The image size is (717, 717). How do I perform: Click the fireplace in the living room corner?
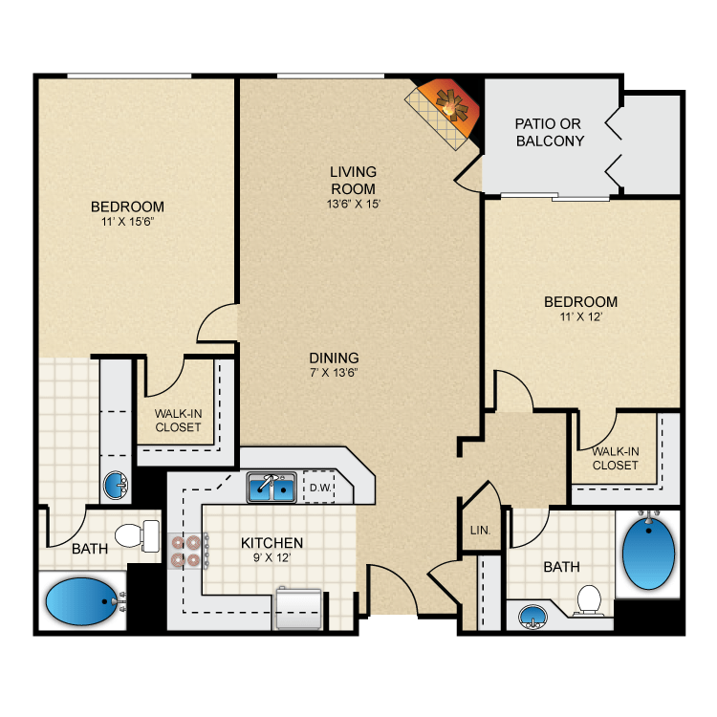click(x=443, y=109)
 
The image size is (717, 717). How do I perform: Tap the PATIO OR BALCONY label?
click(x=550, y=132)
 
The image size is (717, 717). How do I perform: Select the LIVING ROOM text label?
click(x=353, y=180)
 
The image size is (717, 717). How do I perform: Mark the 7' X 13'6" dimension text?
click(x=334, y=373)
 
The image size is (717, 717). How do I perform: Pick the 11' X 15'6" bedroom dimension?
click(x=127, y=221)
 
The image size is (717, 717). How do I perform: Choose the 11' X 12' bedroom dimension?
click(x=580, y=317)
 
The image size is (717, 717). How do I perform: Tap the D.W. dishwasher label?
click(x=318, y=489)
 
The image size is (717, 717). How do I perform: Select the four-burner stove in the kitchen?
click(x=185, y=551)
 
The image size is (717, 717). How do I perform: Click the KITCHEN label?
click(x=272, y=542)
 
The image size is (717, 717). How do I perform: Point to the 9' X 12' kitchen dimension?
click(x=272, y=558)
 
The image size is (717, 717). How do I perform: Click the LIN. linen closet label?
click(x=479, y=529)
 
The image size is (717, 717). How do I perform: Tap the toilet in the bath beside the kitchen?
click(x=137, y=535)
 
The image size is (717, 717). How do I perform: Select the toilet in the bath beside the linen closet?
click(x=589, y=600)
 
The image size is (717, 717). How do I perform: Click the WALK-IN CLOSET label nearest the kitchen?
click(x=178, y=421)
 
